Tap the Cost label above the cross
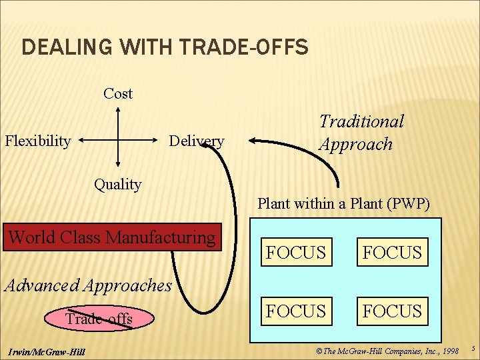tap(118, 94)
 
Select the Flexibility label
tap(38, 141)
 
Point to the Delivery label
tap(196, 141)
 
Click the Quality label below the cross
tap(117, 185)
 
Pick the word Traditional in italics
tap(361, 121)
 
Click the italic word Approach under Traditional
tap(356, 144)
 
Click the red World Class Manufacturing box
tap(112, 237)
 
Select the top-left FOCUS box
tap(296, 253)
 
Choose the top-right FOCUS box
tap(393, 253)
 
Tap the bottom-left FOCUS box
tap(296, 311)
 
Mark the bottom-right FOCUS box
tap(393, 311)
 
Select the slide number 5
tap(472, 348)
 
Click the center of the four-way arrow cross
tap(118, 141)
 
